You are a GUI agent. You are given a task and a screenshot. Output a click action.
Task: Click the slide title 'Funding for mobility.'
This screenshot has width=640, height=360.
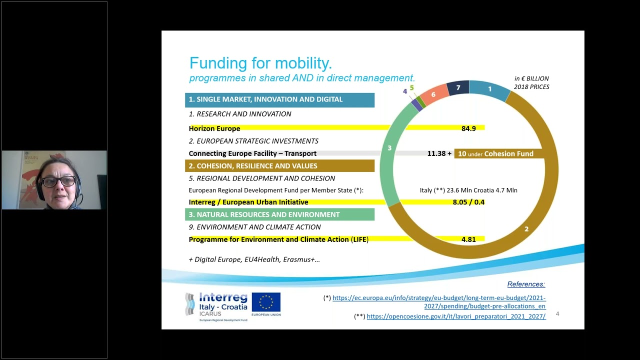[x=260, y=63]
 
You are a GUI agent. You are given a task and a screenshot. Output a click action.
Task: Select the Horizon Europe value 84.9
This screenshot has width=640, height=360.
[x=468, y=128]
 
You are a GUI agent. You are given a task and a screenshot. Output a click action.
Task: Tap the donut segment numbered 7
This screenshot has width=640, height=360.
[x=458, y=88]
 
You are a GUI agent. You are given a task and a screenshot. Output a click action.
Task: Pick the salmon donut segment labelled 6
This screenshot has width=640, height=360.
[x=433, y=94]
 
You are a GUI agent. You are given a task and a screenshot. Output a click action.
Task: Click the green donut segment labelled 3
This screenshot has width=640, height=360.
[x=389, y=148]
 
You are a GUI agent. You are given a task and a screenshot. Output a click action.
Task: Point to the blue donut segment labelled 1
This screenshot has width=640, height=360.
[x=490, y=89]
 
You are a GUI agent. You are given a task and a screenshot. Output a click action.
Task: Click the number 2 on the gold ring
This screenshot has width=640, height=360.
[x=526, y=229]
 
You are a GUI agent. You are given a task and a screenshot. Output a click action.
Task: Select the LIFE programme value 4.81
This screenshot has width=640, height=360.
[x=468, y=239]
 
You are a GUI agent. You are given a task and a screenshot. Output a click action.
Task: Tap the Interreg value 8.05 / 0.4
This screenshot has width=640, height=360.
[x=468, y=202]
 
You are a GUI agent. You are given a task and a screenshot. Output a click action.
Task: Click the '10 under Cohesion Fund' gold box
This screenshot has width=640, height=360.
[x=495, y=154]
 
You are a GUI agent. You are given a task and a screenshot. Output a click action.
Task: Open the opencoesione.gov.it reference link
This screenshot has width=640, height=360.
[x=456, y=316]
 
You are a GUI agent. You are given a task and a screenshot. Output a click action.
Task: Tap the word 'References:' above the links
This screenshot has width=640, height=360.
[x=526, y=284]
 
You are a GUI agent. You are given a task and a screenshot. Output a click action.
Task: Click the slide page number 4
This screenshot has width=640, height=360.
[x=557, y=314]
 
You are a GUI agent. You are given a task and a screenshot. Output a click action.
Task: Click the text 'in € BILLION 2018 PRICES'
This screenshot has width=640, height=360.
[x=531, y=82]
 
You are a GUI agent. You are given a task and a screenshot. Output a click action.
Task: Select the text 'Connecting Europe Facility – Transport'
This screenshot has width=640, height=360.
[x=252, y=154]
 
